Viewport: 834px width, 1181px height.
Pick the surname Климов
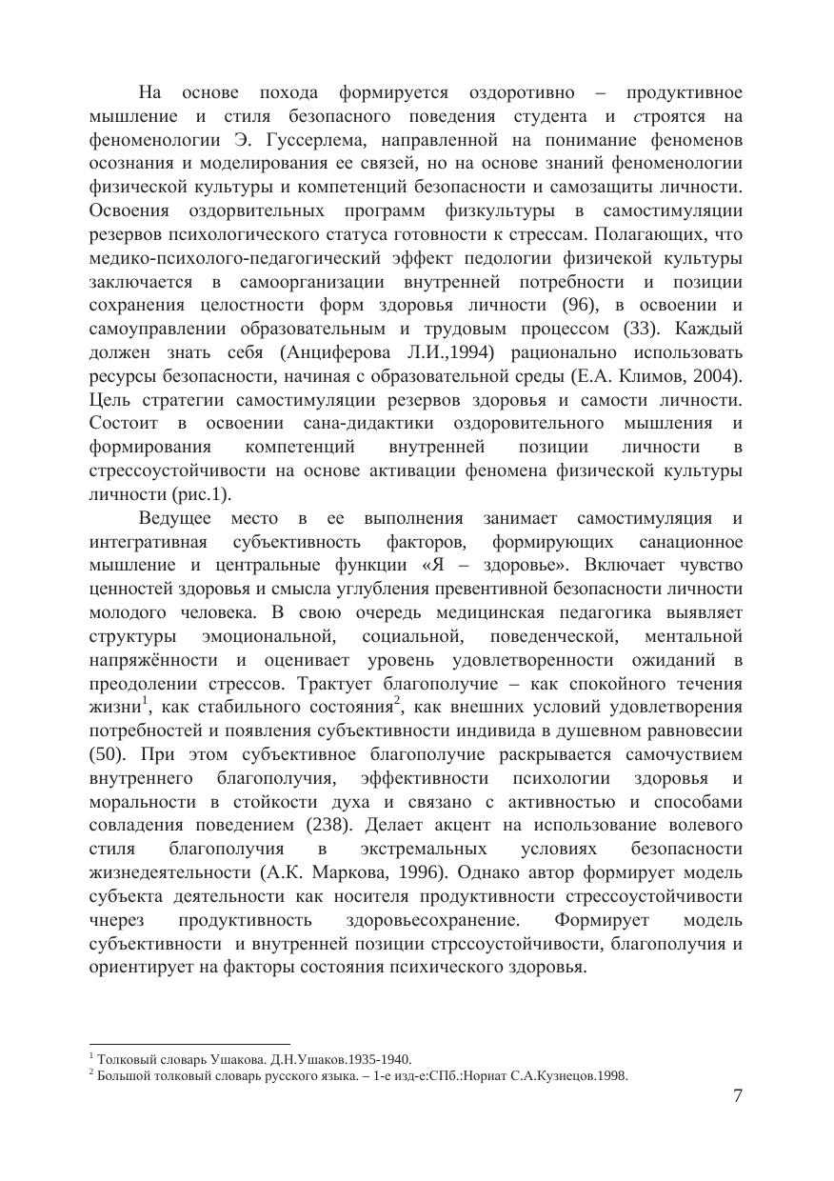[x=657, y=376]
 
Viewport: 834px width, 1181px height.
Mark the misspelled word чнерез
[x=114, y=920]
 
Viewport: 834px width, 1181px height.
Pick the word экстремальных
[x=426, y=849]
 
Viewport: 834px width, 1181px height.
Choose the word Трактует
[x=335, y=683]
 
